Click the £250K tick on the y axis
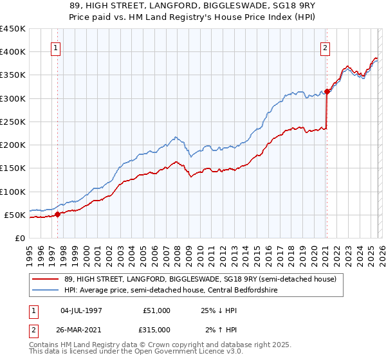[12, 122]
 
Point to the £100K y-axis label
[12, 192]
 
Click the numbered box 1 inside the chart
[55, 48]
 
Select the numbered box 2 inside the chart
[326, 48]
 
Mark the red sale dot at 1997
[57, 214]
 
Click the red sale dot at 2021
[327, 91]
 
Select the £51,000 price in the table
[156, 310]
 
